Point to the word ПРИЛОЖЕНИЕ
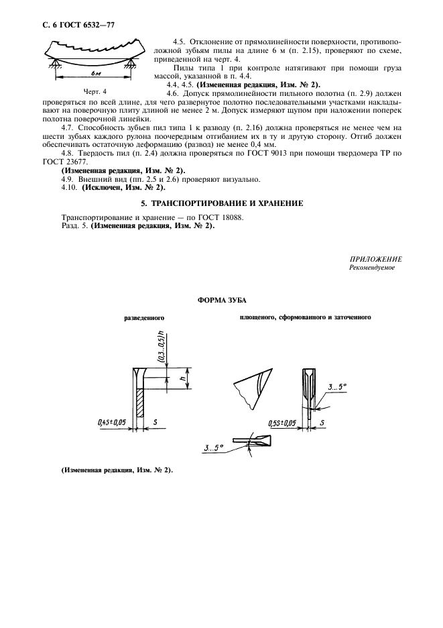pos(375,259)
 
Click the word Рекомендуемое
pos(372,267)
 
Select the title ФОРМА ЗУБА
pos(221,301)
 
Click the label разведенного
pos(145,317)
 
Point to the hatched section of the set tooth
pos(140,407)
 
